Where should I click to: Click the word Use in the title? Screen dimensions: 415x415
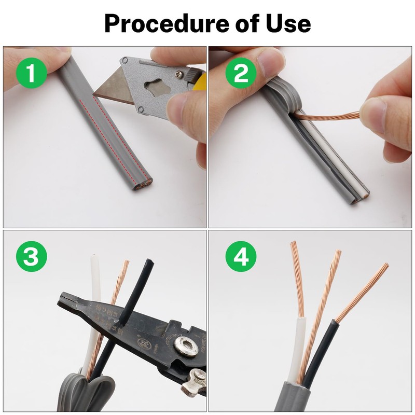287,23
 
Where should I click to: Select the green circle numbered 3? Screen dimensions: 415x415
31,257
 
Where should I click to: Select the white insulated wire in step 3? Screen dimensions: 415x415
95,290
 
